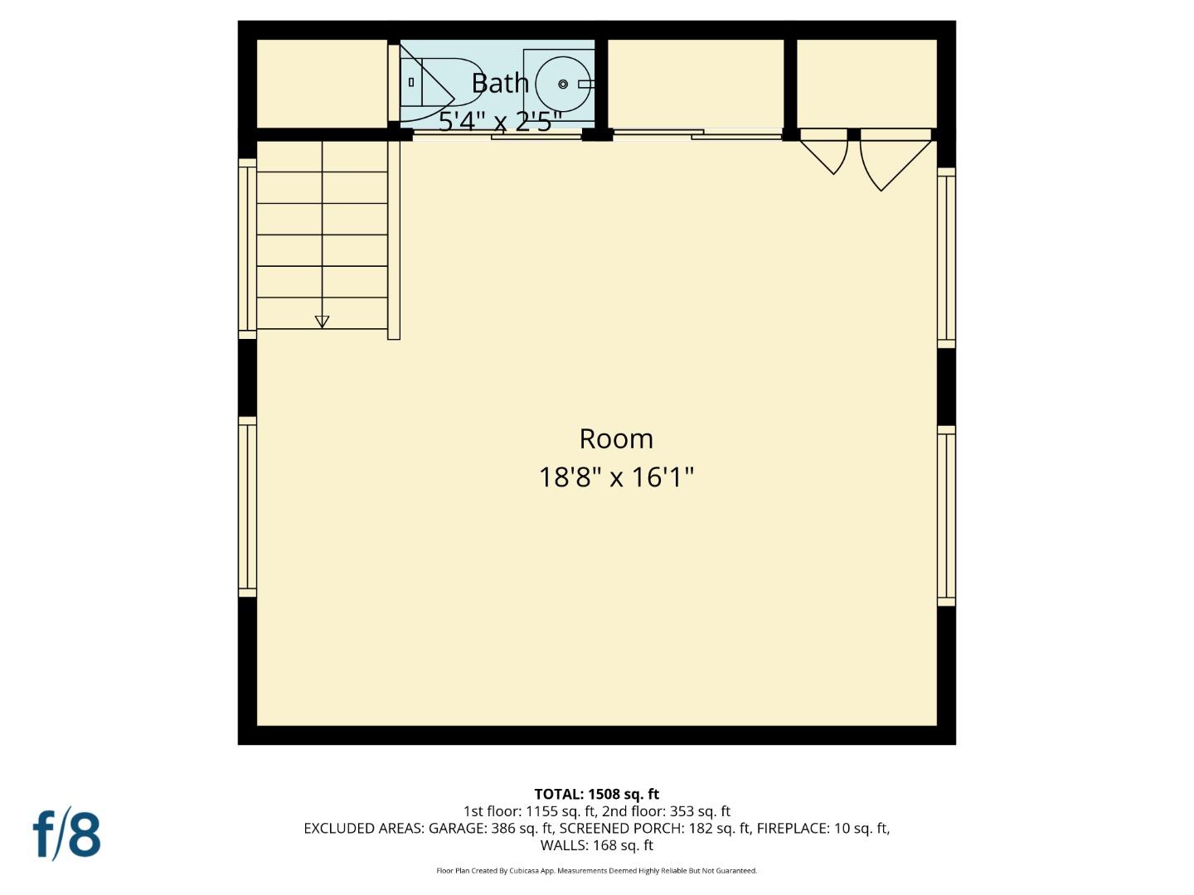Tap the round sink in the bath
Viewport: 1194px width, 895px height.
[x=563, y=84]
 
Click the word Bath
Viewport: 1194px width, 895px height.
[x=500, y=83]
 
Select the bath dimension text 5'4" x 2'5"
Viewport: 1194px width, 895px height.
[x=500, y=122]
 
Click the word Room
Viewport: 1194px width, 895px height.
[x=616, y=438]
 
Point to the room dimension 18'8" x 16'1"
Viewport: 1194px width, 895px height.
[x=616, y=477]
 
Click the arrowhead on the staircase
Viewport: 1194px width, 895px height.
[x=323, y=322]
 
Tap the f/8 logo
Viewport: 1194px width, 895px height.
[x=67, y=835]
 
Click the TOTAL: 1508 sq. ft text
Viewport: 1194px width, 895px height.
[x=596, y=794]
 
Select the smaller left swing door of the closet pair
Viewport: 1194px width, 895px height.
[x=826, y=152]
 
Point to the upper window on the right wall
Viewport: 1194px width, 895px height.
[x=946, y=257]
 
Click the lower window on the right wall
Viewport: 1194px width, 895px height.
[x=946, y=515]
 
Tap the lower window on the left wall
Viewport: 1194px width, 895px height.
[x=247, y=506]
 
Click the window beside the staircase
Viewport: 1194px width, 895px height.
[x=247, y=249]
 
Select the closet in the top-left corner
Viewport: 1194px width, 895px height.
[x=322, y=84]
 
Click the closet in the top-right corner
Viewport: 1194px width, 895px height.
[x=866, y=84]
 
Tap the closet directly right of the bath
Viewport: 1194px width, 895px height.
[x=696, y=84]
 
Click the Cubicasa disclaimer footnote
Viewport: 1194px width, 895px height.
[x=596, y=871]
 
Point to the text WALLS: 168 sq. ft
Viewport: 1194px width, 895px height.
[x=596, y=845]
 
